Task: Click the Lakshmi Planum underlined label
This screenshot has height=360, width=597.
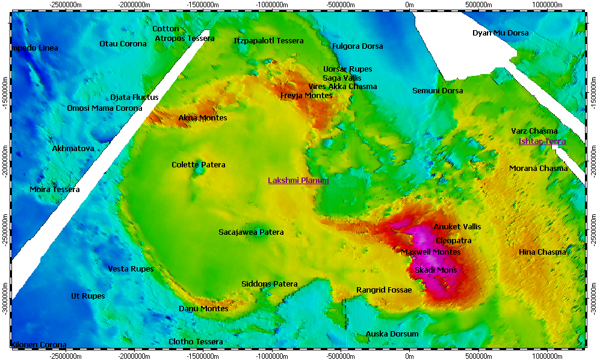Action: point(298,180)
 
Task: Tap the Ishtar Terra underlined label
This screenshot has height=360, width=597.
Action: point(542,141)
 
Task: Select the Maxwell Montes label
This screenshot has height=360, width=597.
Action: point(430,252)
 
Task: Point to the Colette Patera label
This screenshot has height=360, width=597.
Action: point(199,165)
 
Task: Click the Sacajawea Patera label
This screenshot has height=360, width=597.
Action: point(251,232)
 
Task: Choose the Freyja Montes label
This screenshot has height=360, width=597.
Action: point(306,96)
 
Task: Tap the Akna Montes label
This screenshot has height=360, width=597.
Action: point(203,118)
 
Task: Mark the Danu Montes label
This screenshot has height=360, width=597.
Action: point(203,309)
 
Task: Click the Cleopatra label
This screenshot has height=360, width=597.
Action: point(454,240)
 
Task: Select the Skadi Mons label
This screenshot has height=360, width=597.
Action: point(436,270)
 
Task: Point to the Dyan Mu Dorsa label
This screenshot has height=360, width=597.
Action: point(500,33)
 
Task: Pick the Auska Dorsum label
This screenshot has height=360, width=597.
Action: point(392,334)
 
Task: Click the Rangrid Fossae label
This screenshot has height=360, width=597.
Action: point(384,290)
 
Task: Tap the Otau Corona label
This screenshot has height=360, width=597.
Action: point(123,44)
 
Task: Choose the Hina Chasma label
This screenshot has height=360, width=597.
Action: point(542,252)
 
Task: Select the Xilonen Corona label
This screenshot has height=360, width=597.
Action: point(39,345)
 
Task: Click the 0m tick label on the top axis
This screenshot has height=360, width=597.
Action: point(409,5)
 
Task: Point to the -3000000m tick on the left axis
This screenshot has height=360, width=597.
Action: point(5,299)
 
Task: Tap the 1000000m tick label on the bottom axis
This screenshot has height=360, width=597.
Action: point(548,356)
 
